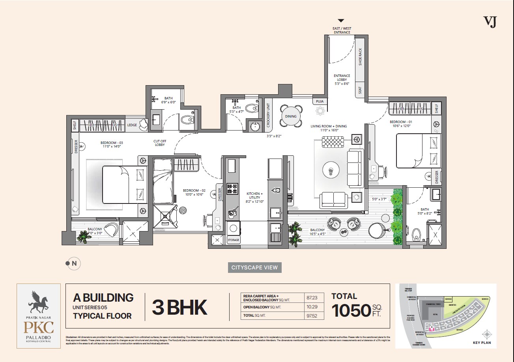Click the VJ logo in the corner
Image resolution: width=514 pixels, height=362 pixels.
pos(490,22)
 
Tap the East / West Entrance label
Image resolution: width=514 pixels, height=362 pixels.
pos(342,30)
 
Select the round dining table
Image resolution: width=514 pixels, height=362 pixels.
pos(291,116)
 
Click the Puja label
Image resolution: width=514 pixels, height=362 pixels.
pos(320,102)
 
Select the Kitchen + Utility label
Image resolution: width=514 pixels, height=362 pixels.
pos(254,196)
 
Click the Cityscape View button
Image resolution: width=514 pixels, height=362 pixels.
pos(255,267)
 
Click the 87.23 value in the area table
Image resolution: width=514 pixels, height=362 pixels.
pos(312,298)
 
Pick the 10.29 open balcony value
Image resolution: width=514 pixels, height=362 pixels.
pos(312,307)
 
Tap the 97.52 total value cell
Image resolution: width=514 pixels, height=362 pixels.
pos(312,316)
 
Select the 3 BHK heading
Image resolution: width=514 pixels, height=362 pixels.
pos(179,308)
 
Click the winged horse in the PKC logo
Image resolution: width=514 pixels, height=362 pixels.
pos(38,302)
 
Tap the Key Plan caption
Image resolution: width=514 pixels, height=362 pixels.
pos(481,343)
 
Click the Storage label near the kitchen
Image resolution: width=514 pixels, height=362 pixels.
pos(233,240)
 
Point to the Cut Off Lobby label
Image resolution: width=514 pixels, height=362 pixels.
pos(159,143)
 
